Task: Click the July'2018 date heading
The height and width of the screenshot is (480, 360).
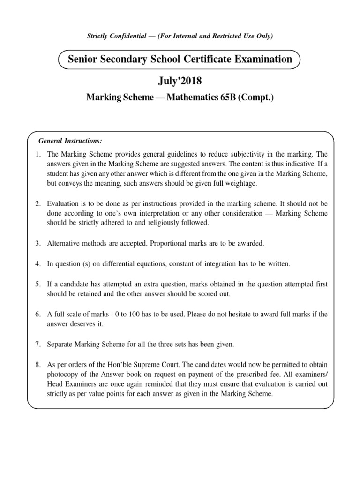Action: (180, 82)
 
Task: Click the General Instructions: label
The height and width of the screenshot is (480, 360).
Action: (70, 141)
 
